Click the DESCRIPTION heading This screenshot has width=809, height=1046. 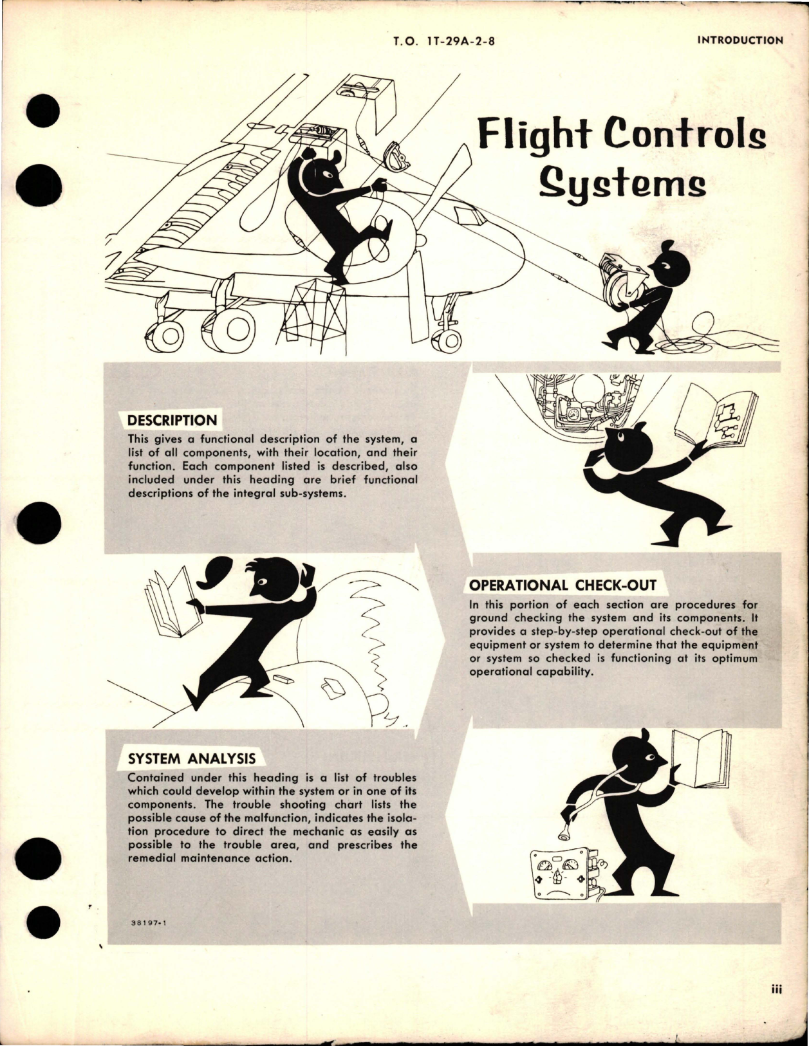pos(172,421)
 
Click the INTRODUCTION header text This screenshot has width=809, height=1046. pos(739,40)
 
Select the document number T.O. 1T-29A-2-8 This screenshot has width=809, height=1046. pos(447,41)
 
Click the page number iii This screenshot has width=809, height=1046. pos(776,1009)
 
